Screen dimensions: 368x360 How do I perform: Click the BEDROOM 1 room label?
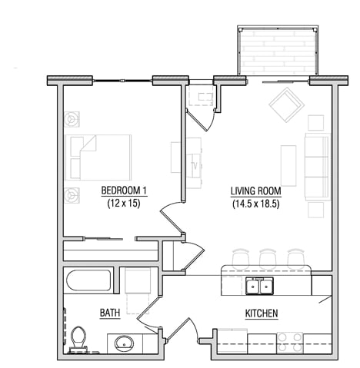(x=124, y=191)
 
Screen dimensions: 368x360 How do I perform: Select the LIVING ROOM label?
(x=255, y=191)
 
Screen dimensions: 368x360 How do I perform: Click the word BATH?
(x=109, y=313)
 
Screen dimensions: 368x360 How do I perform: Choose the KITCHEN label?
(x=261, y=313)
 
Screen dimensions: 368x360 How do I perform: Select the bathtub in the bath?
(x=88, y=280)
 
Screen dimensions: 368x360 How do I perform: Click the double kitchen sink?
(x=258, y=287)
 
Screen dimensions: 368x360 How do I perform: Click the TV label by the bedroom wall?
(x=195, y=165)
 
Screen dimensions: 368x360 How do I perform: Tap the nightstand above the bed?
(x=72, y=120)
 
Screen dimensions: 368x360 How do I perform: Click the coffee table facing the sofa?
(x=288, y=164)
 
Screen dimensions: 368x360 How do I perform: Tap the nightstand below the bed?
(x=72, y=194)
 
